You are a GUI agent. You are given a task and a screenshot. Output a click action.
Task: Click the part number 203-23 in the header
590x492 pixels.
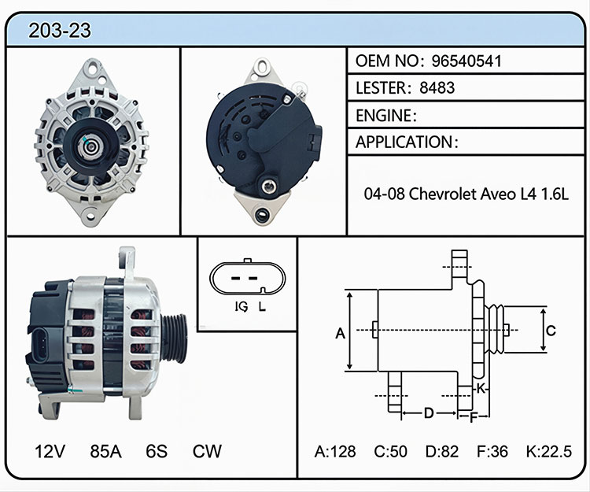point(60,30)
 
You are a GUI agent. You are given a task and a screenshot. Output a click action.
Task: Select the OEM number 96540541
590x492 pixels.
point(466,61)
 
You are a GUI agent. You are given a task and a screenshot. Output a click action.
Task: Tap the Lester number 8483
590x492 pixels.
point(437,87)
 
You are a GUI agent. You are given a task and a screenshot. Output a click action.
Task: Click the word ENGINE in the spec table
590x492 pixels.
point(383,115)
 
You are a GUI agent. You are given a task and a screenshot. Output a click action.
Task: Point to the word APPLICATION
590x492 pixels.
point(404,142)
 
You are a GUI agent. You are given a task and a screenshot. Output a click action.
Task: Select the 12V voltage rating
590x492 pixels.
point(50,451)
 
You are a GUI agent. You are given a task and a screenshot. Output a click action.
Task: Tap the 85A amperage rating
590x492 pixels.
point(105,451)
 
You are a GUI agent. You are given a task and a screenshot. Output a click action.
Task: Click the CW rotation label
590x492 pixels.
point(207,451)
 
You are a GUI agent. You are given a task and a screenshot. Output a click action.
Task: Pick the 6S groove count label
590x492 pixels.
point(157,451)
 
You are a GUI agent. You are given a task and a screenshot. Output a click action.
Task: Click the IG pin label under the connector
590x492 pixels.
point(242,307)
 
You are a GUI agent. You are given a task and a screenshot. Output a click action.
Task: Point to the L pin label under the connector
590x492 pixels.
point(262,307)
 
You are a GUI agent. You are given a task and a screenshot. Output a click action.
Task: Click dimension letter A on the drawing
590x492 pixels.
point(340,333)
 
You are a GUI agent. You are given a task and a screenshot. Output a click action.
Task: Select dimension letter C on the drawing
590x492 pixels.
point(551,331)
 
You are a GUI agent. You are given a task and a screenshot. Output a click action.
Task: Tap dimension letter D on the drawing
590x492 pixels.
point(429,413)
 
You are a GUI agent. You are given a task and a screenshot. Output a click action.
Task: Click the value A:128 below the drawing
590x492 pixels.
point(335,451)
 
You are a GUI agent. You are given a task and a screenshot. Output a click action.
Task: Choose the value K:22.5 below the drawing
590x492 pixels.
point(549,451)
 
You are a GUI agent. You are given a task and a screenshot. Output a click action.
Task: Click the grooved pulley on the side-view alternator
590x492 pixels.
point(174,338)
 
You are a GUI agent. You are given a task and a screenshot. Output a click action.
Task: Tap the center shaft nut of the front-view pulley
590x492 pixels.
point(90,146)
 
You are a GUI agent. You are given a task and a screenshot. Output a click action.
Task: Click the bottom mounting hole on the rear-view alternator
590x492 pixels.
point(262,215)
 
